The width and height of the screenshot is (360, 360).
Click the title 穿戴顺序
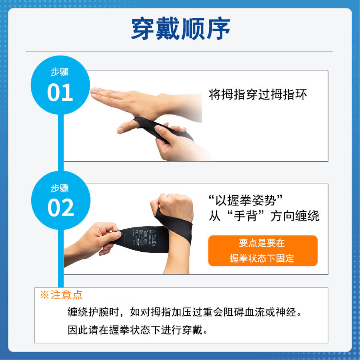coord(180,29)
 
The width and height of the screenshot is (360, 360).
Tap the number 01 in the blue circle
coord(60,93)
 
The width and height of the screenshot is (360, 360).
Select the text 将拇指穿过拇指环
coord(258,94)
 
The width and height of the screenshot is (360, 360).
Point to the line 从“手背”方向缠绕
coord(264,216)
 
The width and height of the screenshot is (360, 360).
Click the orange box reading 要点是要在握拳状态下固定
coord(262,251)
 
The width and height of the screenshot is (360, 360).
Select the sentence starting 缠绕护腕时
coord(184,312)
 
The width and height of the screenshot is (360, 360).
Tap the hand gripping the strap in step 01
coord(173,141)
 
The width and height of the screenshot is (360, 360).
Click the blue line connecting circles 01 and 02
coord(60,143)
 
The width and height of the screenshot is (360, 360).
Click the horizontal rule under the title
coord(179,52)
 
